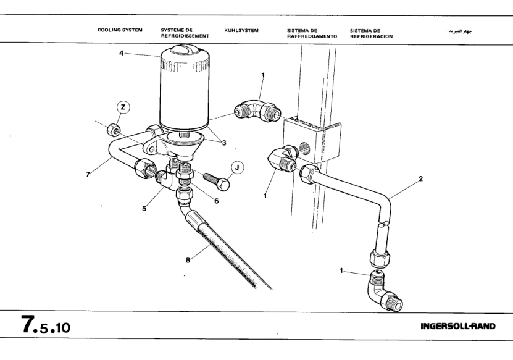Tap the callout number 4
click(122, 54)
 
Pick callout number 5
click(144, 208)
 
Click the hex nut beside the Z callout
click(114, 130)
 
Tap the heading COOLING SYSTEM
click(120, 29)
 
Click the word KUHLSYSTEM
click(241, 29)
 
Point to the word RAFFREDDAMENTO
click(312, 36)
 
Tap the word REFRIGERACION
click(371, 36)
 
